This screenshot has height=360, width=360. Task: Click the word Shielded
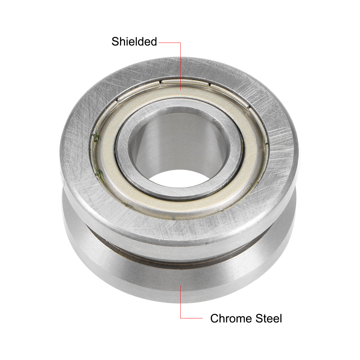[134, 42]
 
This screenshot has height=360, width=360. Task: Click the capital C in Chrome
[214, 318]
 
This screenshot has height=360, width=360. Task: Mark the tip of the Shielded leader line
[180, 89]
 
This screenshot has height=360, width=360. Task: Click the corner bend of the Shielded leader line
[180, 43]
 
